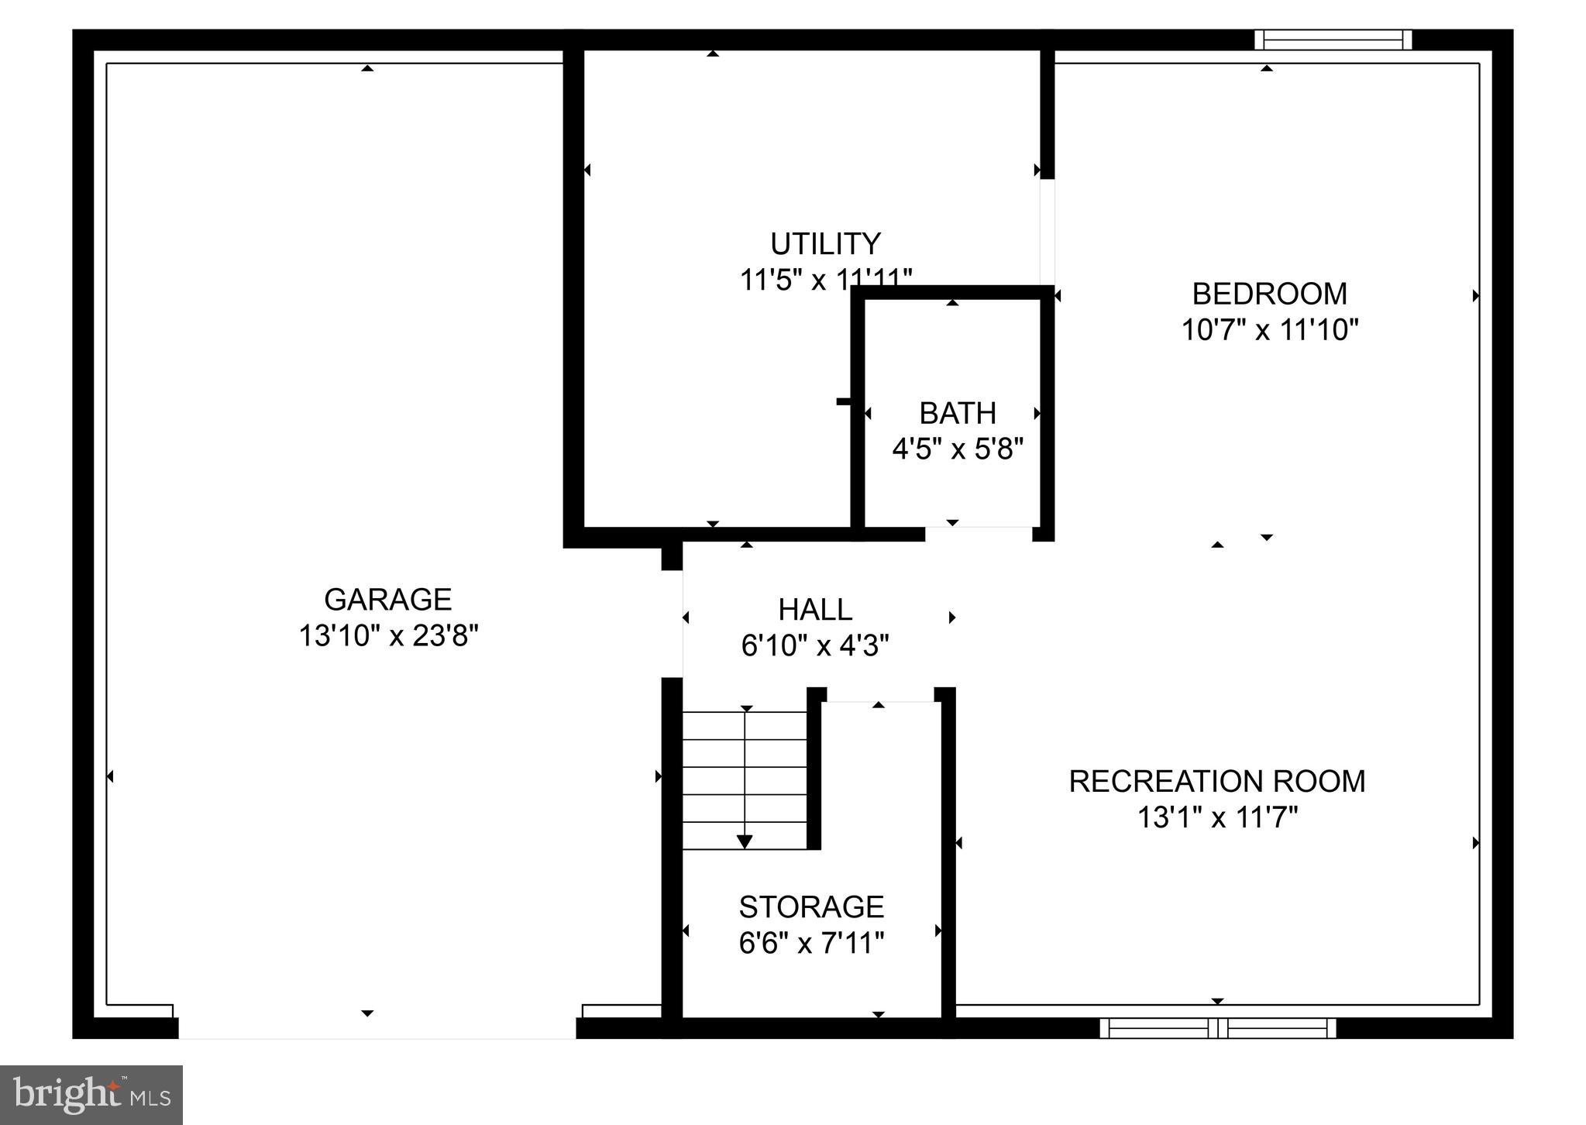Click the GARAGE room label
tap(387, 600)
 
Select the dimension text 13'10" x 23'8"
tap(388, 636)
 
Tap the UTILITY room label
tap(825, 244)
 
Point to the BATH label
tap(958, 414)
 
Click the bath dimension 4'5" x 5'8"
tap(958, 449)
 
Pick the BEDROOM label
tap(1269, 294)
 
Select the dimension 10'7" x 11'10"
tap(1269, 331)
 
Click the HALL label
tap(815, 610)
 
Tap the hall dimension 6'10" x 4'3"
tap(815, 645)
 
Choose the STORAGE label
tap(811, 907)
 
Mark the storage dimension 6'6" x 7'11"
tap(811, 943)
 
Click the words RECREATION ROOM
tap(1216, 781)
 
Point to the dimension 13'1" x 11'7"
tap(1216, 817)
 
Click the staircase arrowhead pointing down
tap(745, 841)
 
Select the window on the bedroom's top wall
tap(1333, 40)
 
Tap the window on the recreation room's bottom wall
tap(1218, 1028)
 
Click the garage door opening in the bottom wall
tap(377, 1028)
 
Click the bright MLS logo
tap(91, 1095)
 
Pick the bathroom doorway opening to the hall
tap(979, 533)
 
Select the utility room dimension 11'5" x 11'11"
tap(825, 280)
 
